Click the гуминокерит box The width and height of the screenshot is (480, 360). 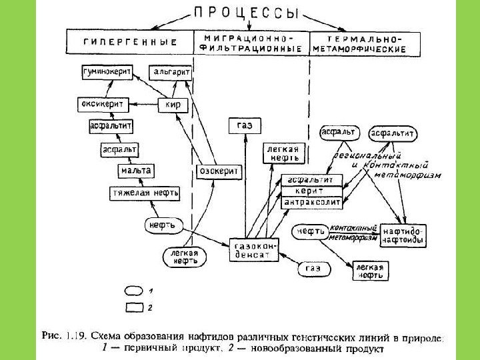tap(107, 71)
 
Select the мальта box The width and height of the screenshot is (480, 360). tap(135, 171)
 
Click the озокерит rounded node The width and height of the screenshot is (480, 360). tap(219, 171)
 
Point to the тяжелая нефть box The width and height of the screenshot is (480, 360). tap(145, 193)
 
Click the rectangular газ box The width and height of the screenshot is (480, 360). tap(245, 124)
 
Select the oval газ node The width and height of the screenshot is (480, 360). tap(313, 269)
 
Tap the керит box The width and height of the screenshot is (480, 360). tap(313, 190)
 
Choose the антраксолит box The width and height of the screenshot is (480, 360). tap(313, 201)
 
